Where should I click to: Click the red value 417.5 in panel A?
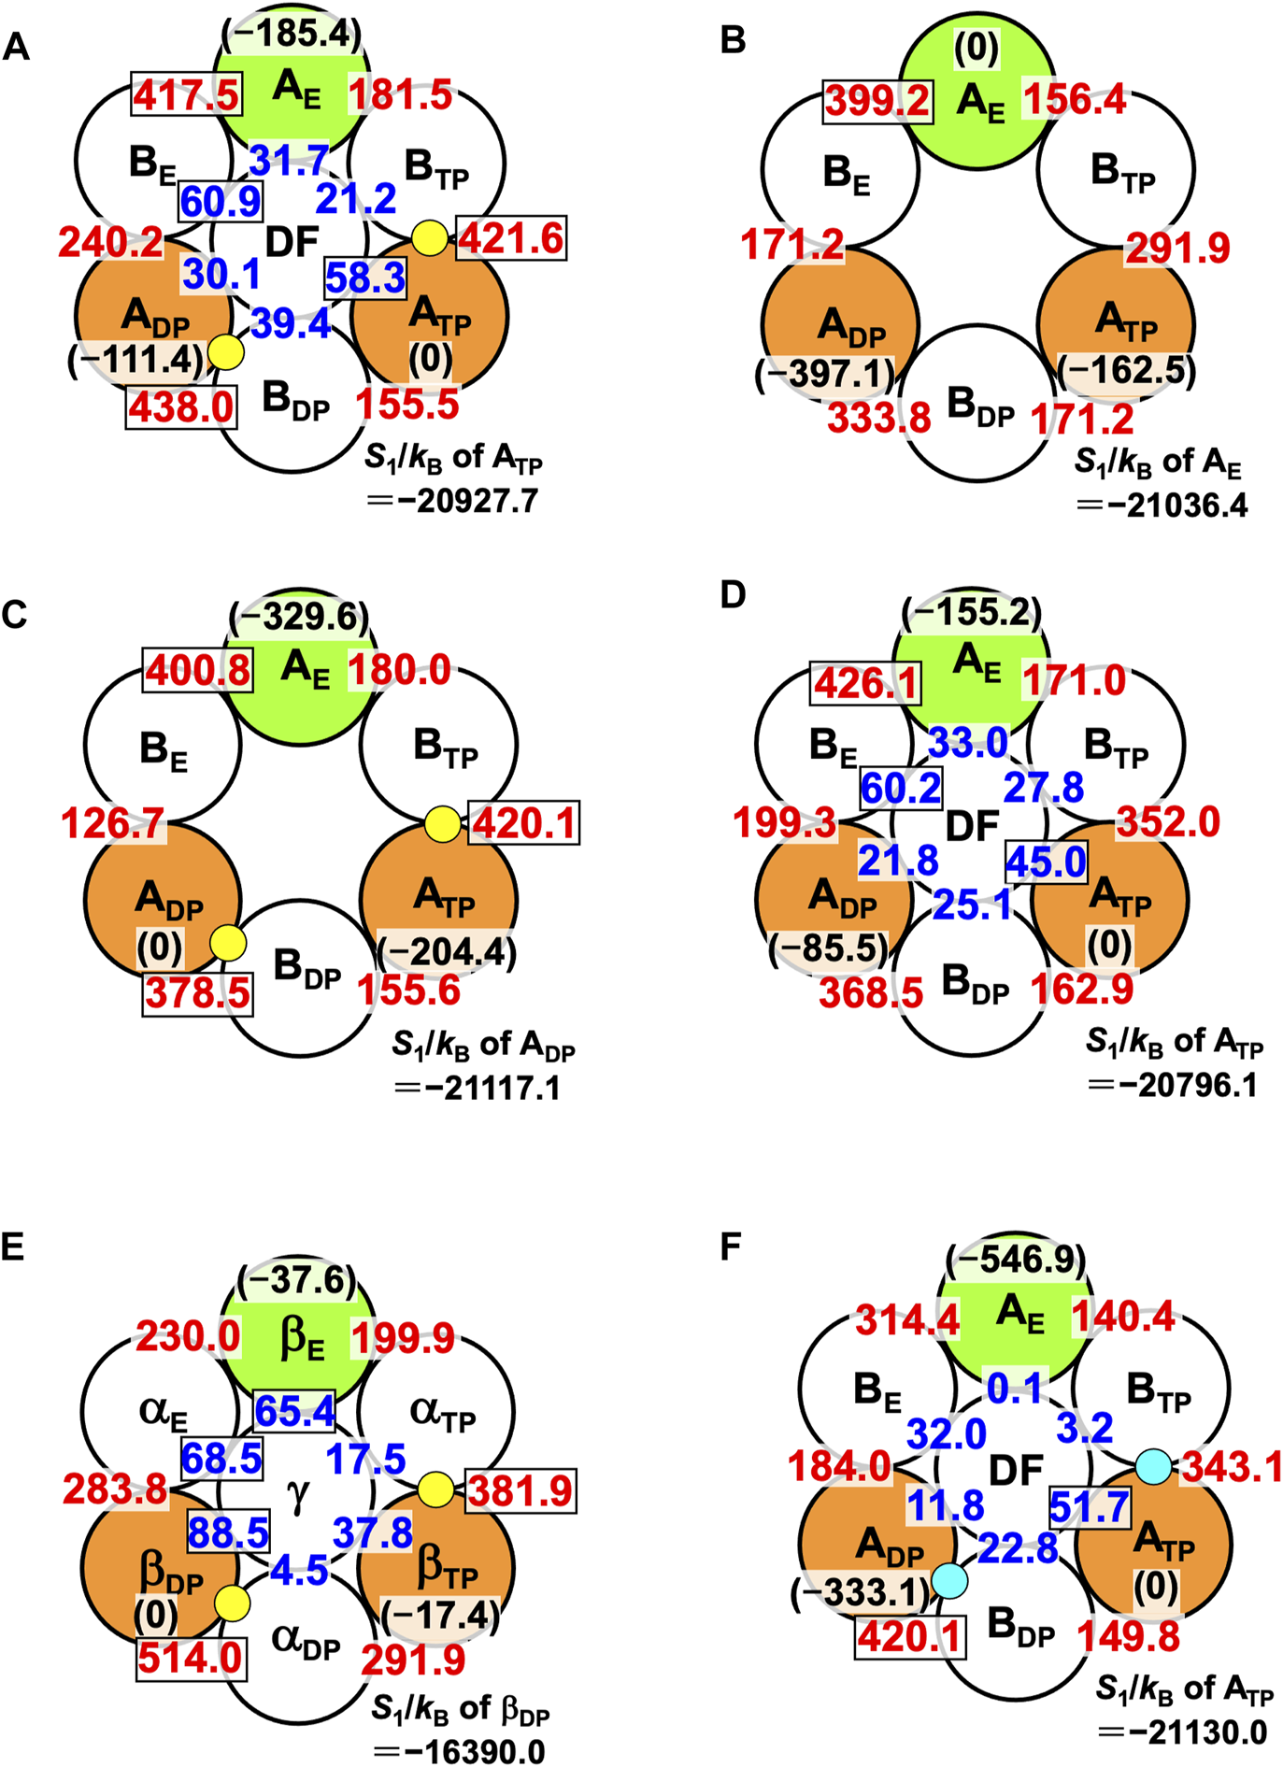coord(186,94)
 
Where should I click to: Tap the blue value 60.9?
coord(221,201)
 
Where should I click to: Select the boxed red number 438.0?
coord(181,407)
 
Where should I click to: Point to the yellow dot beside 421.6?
coord(430,237)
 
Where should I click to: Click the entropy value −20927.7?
coord(464,502)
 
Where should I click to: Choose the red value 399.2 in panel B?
coord(877,101)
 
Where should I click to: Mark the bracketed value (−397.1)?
coord(824,374)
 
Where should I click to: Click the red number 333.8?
coord(879,418)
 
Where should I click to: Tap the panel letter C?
coord(16,615)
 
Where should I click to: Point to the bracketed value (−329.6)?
coord(299,617)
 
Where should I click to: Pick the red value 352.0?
coord(1168,822)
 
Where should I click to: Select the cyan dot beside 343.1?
coord(1154,1465)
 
